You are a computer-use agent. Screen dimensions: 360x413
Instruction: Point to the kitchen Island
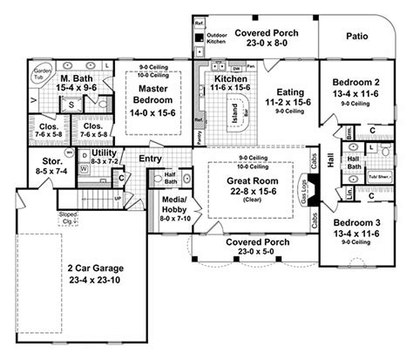[232, 112]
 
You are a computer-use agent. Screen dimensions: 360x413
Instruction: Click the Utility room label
[105, 153]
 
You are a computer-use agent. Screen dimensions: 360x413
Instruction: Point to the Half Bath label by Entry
[172, 178]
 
